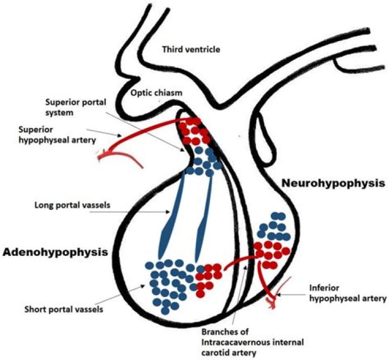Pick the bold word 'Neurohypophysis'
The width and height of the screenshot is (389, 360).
coord(333,184)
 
